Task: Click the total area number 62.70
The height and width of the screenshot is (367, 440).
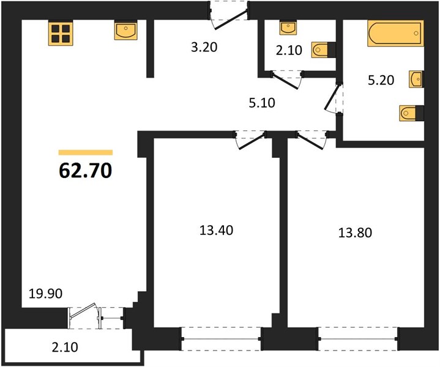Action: click(86, 171)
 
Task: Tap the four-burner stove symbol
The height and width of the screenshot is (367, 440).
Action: click(61, 33)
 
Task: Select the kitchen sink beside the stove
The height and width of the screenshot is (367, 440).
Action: click(125, 30)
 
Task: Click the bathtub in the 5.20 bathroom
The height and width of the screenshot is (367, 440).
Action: click(396, 33)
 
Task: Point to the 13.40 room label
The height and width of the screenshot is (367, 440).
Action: click(217, 231)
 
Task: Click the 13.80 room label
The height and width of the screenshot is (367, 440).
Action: click(355, 233)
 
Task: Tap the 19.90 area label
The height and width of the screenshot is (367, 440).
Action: click(45, 294)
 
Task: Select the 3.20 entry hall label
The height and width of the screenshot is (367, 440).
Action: click(204, 47)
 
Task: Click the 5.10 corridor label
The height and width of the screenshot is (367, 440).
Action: click(262, 103)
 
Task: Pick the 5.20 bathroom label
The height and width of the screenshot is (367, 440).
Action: click(381, 80)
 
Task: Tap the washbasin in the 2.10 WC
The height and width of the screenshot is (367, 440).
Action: click(288, 27)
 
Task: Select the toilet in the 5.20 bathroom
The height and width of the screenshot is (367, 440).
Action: click(411, 113)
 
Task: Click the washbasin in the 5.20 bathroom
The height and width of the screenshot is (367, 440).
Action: click(416, 79)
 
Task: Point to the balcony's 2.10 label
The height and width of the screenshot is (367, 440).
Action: click(65, 347)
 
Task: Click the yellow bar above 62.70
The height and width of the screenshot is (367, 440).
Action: click(86, 152)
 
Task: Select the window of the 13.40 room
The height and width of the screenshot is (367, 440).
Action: click(222, 339)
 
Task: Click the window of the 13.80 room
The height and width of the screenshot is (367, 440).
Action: click(358, 339)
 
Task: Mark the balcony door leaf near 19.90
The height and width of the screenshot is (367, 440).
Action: click(83, 311)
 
